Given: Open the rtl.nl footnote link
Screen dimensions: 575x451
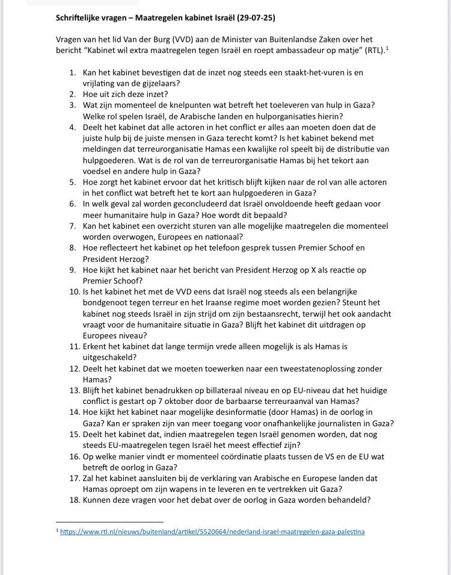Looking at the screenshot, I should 212,532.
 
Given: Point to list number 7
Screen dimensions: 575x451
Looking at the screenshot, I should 72,226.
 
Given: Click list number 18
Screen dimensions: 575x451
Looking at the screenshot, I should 75,499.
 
